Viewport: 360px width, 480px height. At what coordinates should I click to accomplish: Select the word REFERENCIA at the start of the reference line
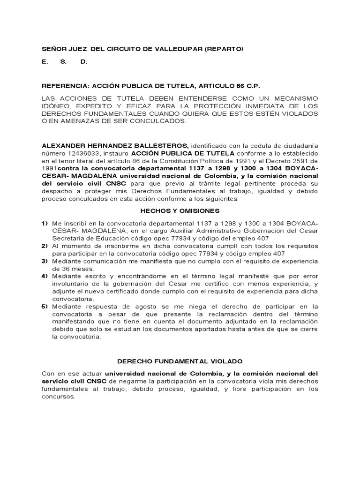pos(65,86)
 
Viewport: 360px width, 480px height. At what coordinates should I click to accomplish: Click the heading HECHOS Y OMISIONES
pos(180,211)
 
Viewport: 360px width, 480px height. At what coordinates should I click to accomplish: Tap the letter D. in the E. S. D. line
pos(84,61)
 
